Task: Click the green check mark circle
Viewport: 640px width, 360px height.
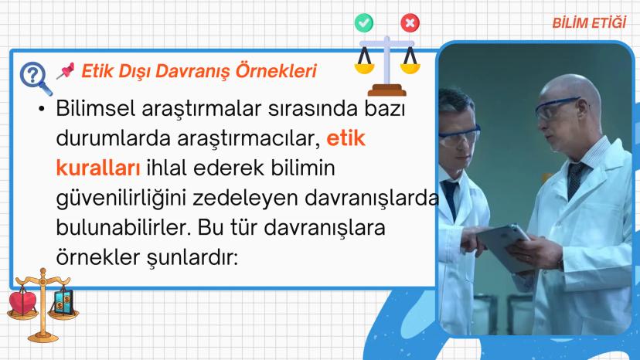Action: click(364, 23)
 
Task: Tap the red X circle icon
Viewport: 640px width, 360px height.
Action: click(410, 23)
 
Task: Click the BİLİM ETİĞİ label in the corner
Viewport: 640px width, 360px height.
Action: click(589, 22)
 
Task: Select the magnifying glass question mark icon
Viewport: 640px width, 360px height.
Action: click(36, 78)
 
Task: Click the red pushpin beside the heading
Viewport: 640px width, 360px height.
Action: click(65, 70)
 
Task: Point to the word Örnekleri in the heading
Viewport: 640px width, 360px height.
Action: click(276, 70)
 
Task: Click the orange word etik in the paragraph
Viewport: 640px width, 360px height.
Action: click(346, 138)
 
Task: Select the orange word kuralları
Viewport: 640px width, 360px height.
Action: click(98, 168)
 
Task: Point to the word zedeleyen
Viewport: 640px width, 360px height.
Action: click(245, 198)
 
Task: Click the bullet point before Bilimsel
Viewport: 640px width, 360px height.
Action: click(41, 109)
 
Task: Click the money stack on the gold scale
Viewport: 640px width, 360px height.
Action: click(63, 302)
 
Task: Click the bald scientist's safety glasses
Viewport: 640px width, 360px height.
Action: click(558, 107)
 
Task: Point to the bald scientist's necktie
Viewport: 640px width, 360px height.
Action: click(576, 178)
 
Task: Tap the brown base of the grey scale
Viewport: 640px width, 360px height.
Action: click(386, 90)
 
